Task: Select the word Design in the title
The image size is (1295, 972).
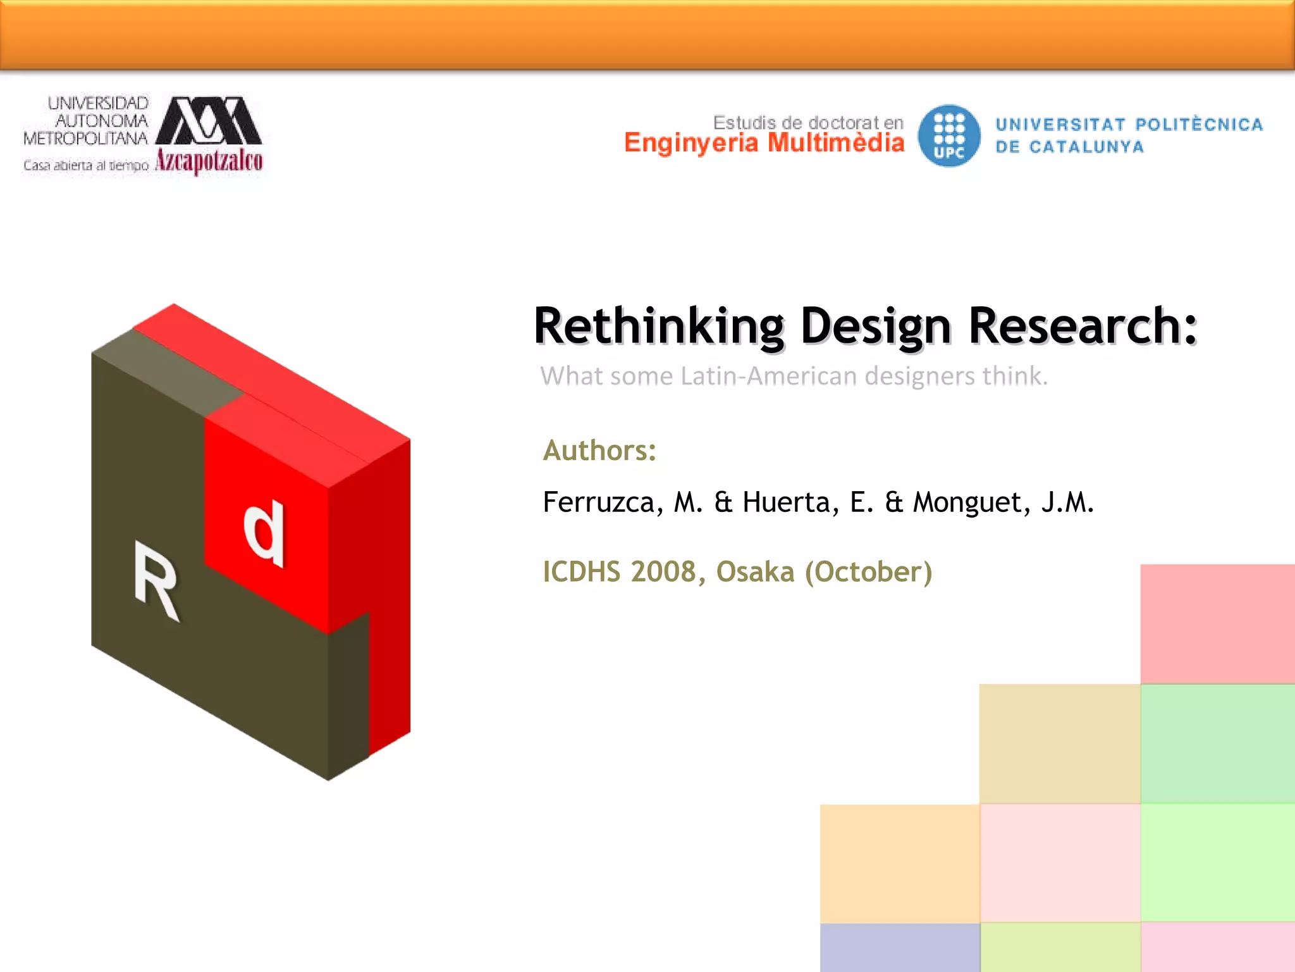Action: click(876, 327)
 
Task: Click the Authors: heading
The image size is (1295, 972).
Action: click(599, 451)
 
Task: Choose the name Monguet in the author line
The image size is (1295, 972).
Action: click(967, 503)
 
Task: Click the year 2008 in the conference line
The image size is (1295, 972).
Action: click(663, 572)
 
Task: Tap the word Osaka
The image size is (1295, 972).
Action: click(755, 572)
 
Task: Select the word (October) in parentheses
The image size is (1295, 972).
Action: click(868, 572)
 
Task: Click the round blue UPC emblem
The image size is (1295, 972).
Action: click(949, 135)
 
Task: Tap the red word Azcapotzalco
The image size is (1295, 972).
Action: click(209, 161)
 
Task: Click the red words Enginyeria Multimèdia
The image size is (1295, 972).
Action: click(764, 143)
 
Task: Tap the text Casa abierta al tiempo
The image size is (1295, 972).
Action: click(86, 166)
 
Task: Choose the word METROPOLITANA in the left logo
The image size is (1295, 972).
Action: click(85, 138)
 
